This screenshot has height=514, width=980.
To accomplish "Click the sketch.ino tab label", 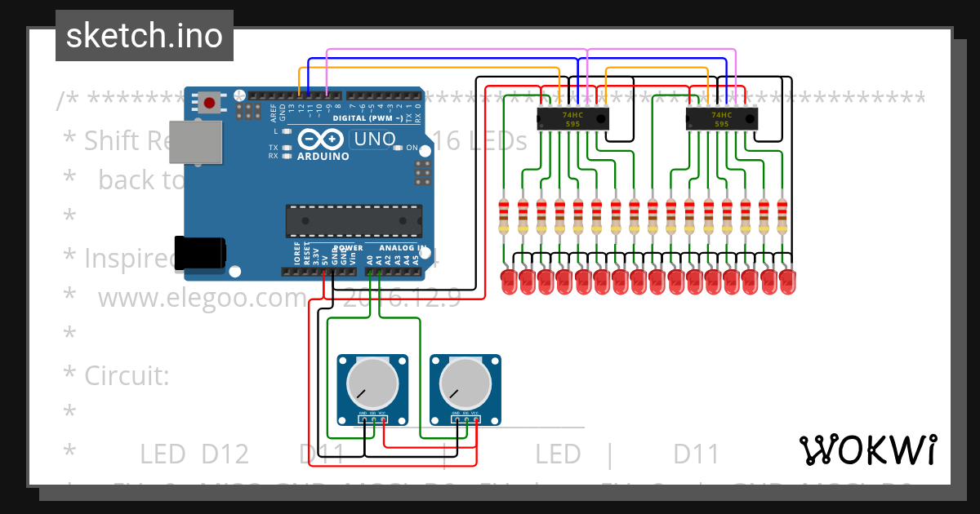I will tap(144, 35).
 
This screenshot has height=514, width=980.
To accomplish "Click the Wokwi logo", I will tap(867, 450).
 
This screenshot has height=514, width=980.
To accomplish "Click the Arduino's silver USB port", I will tap(196, 144).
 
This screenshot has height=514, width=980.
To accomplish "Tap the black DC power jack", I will tap(199, 252).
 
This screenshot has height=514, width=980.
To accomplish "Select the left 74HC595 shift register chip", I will tap(573, 119).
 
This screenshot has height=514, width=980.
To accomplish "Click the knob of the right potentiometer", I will tap(464, 383).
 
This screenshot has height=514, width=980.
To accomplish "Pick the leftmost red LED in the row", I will tap(508, 282).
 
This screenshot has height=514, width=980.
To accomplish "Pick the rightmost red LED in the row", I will tap(786, 282).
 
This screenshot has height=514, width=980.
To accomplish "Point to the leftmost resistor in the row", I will tap(504, 214).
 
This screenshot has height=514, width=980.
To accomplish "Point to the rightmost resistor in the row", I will tap(782, 214).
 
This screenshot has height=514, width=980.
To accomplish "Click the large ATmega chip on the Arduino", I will tap(354, 219).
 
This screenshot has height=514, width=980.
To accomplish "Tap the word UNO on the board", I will tap(374, 140).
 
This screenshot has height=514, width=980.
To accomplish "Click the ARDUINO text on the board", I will tap(322, 155).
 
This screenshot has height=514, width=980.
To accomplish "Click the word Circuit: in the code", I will tap(127, 376).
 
